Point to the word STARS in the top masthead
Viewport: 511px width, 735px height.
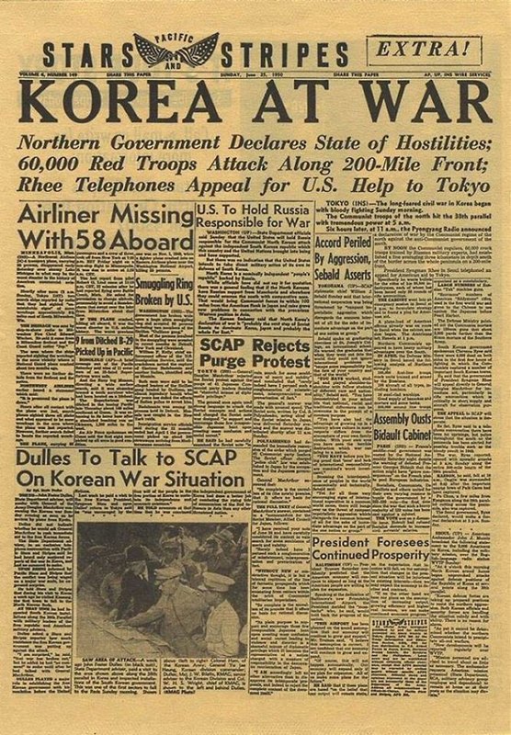[x=85, y=51]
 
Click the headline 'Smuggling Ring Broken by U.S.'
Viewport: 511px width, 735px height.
[x=162, y=291]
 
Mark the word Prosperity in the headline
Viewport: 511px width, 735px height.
[x=437, y=557]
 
